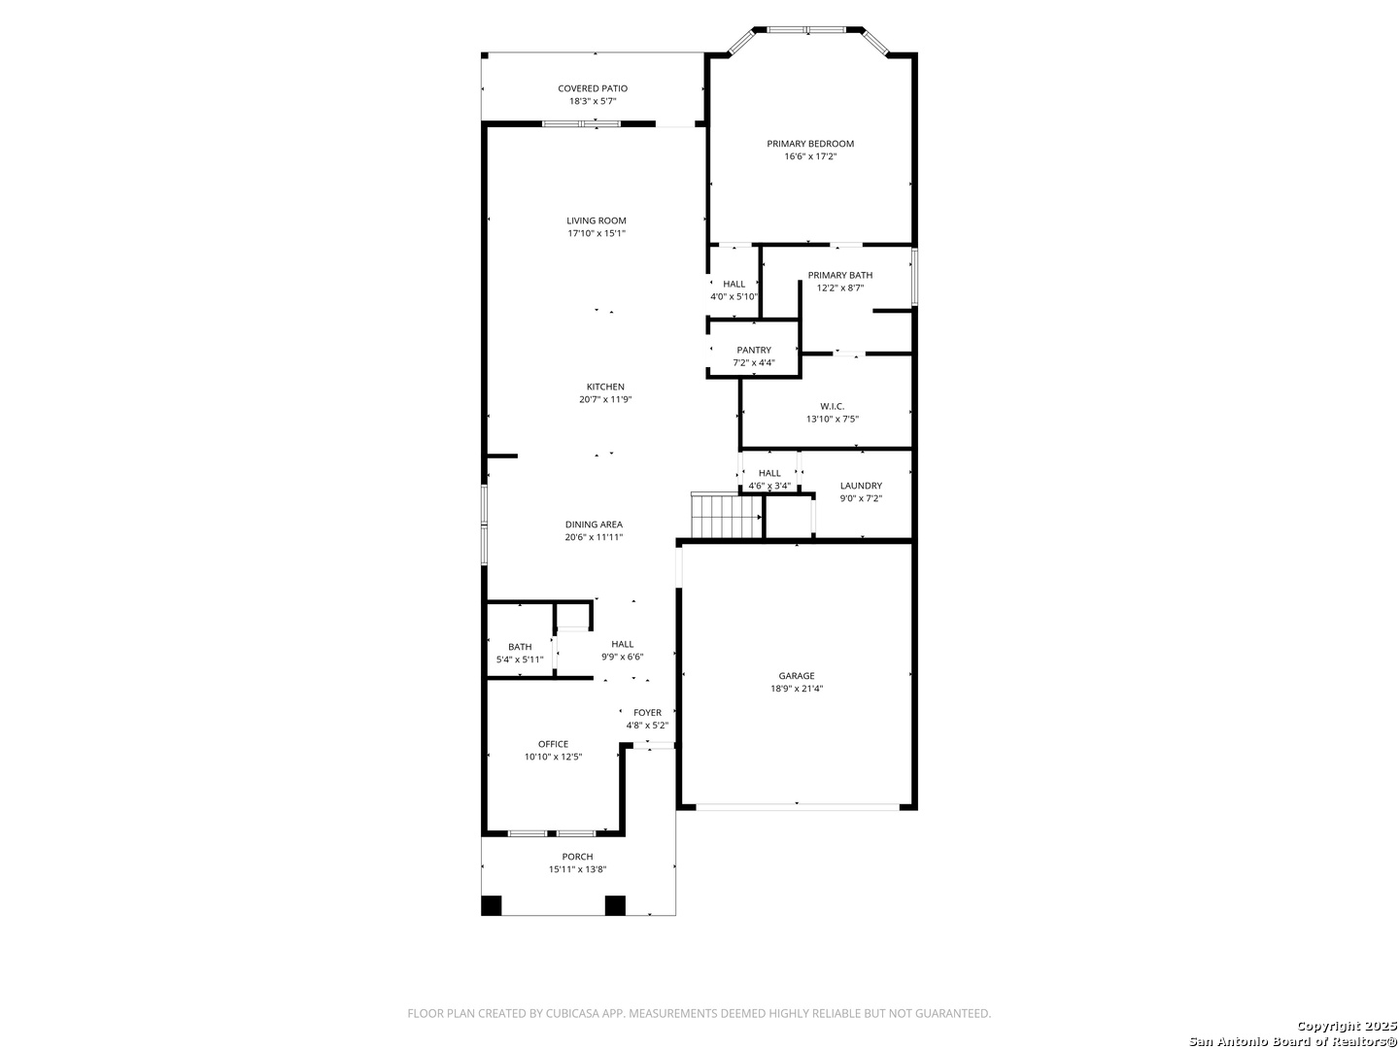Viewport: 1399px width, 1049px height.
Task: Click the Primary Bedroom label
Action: click(x=810, y=144)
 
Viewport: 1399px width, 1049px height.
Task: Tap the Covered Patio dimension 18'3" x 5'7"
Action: click(x=593, y=101)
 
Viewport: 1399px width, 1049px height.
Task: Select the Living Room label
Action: click(x=597, y=221)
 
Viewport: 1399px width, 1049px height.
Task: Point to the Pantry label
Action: click(x=754, y=351)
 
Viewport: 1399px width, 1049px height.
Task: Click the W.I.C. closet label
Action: click(x=833, y=406)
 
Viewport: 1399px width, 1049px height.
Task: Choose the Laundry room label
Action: click(x=861, y=486)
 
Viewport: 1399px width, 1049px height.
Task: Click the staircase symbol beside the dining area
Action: click(x=728, y=516)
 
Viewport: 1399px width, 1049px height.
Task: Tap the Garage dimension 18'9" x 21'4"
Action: click(x=797, y=689)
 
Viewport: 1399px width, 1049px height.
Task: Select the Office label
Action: click(x=553, y=744)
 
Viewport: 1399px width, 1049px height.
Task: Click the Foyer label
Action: click(x=648, y=713)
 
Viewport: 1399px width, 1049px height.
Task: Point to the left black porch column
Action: click(x=492, y=905)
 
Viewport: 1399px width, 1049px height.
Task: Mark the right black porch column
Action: click(x=615, y=905)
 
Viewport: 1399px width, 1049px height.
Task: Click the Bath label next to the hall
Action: click(x=520, y=647)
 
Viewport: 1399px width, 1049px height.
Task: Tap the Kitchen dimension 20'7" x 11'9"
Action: click(x=605, y=400)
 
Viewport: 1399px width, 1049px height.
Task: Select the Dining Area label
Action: click(x=594, y=524)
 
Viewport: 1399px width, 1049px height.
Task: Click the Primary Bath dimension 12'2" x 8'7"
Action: click(x=840, y=288)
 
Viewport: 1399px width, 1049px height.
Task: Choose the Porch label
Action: click(x=577, y=857)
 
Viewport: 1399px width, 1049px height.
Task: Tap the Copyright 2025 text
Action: click(x=1345, y=1026)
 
